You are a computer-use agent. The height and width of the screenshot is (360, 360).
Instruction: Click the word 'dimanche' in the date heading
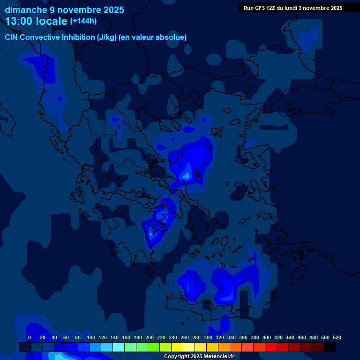(26, 10)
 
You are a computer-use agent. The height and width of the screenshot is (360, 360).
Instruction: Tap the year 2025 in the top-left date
(111, 10)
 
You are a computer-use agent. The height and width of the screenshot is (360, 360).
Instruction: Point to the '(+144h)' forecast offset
(83, 21)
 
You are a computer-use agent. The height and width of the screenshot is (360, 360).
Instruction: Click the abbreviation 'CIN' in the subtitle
(12, 37)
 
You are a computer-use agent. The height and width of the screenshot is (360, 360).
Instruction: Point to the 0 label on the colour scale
(30, 337)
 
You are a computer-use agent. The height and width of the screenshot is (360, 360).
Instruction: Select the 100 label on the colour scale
(91, 337)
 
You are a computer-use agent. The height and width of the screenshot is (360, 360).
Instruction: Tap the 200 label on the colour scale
(150, 337)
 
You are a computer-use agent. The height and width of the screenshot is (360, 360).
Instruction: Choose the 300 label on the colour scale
(208, 337)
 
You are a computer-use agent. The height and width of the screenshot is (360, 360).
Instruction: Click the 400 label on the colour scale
(267, 337)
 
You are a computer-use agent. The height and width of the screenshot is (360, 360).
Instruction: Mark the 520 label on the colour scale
(337, 337)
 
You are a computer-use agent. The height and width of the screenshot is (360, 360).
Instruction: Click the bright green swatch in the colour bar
(154, 347)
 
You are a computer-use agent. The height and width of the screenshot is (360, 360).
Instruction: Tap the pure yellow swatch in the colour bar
(177, 347)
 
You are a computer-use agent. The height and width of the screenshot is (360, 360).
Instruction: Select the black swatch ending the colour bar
(330, 347)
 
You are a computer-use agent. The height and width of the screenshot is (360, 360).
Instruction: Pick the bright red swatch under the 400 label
(271, 347)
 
